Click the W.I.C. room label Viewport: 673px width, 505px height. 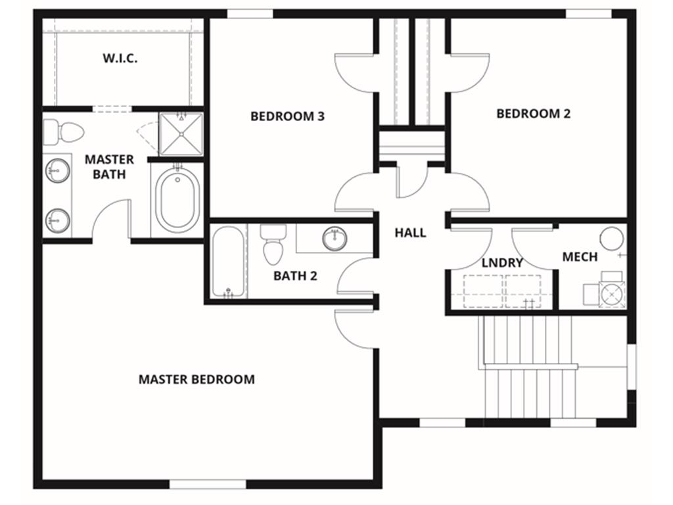[120, 58]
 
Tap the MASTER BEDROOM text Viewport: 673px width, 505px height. [197, 379]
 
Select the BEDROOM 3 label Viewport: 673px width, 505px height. [287, 116]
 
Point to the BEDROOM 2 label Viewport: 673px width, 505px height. [533, 113]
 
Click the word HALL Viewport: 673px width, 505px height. [410, 233]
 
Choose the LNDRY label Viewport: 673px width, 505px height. [502, 263]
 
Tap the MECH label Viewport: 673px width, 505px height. [580, 257]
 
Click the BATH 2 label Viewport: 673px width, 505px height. [295, 276]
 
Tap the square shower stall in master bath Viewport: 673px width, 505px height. [181, 133]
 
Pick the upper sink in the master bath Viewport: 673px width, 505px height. [57, 172]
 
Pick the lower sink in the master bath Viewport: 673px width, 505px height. [57, 219]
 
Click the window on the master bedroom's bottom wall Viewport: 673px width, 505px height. [208, 485]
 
